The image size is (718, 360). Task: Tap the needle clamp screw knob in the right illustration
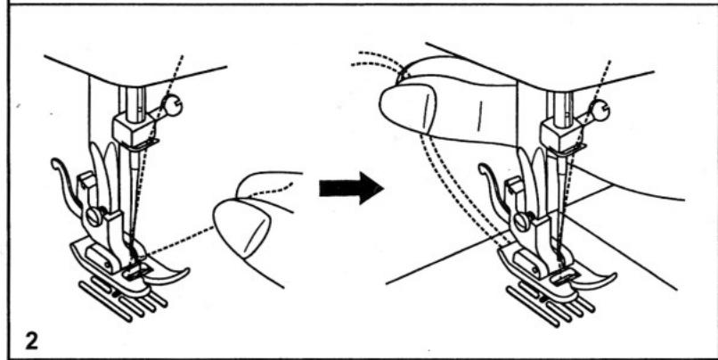(601, 110)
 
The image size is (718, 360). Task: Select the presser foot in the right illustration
(557, 276)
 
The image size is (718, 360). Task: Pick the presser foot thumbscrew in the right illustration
(518, 220)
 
